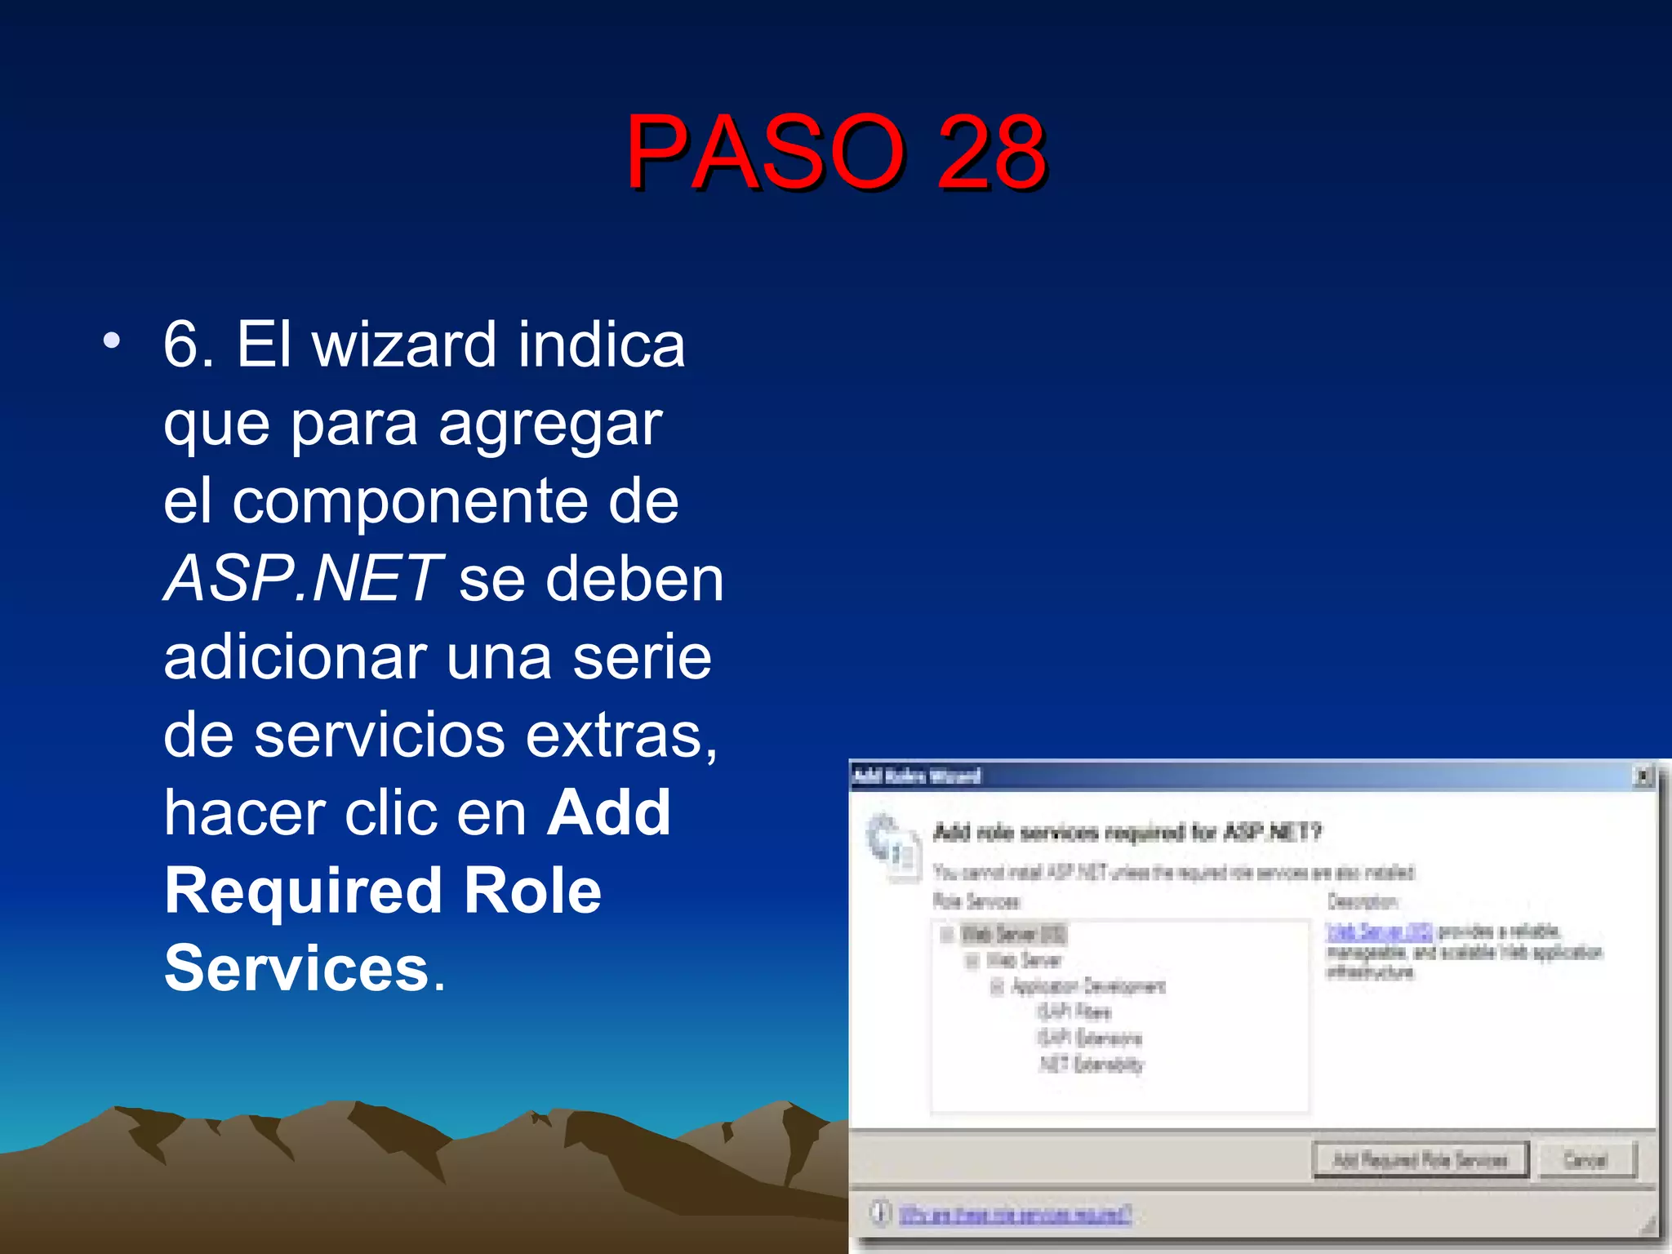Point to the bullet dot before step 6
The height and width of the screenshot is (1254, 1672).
pos(112,340)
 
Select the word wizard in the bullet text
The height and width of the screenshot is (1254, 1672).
pos(404,345)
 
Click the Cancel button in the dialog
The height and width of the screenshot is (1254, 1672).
pos(1585,1159)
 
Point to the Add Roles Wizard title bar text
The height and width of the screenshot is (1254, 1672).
pos(917,776)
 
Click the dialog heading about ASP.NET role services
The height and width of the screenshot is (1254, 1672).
pos(1127,832)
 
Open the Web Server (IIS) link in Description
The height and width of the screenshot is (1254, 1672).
pos(1379,932)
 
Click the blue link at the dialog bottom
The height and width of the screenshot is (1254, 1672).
pos(1015,1214)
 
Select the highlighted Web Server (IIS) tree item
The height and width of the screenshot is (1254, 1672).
pos(1012,933)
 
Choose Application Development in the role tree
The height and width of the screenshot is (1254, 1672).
pos(1088,986)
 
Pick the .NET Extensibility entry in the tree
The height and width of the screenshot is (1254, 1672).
pos(1092,1064)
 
